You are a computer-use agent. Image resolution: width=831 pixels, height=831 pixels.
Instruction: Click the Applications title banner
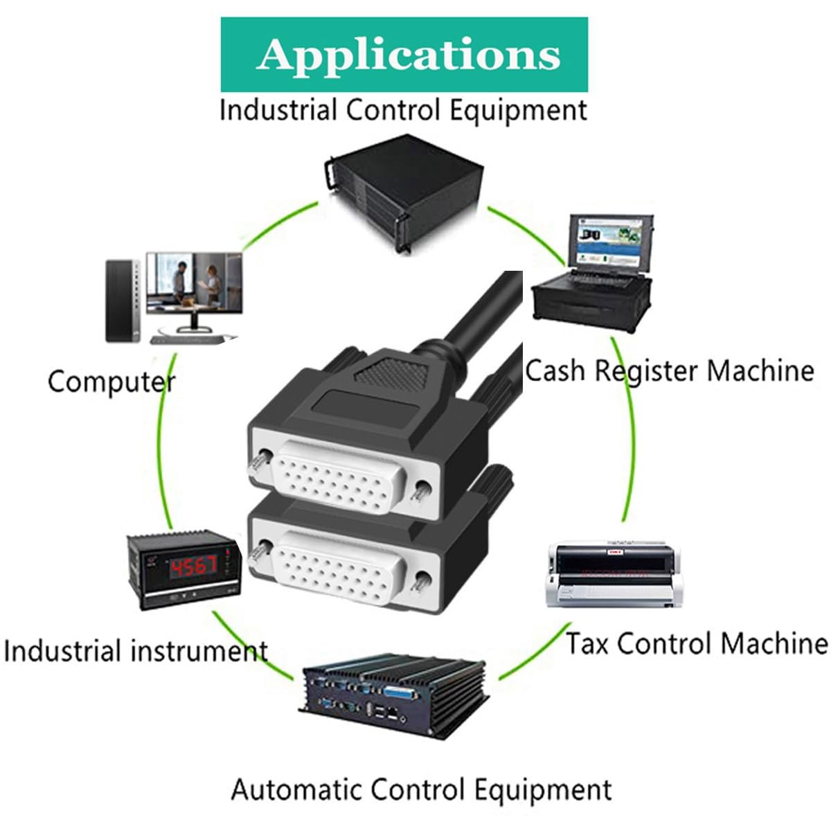(404, 55)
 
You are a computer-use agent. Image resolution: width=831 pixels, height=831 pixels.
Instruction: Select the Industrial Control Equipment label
(403, 111)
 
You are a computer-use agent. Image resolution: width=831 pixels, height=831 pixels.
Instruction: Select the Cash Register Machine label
(669, 370)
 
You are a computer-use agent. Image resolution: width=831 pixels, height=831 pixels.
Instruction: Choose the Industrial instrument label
(135, 652)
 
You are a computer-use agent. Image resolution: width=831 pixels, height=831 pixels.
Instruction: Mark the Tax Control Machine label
(697, 643)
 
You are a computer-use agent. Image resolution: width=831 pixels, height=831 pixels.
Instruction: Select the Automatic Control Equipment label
(421, 790)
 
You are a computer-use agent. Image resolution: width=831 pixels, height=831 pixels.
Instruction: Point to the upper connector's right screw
(420, 490)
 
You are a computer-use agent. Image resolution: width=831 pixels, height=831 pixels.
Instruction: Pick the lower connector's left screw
(259, 551)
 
